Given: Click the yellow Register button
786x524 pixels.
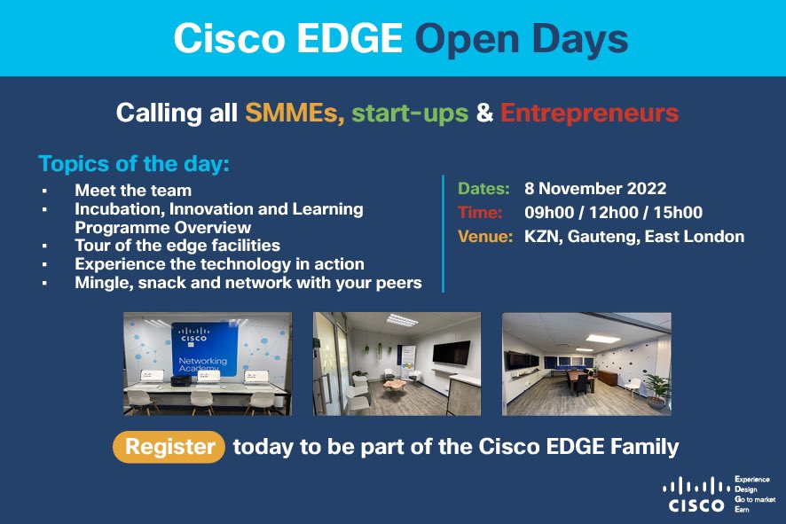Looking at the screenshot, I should pos(169,447).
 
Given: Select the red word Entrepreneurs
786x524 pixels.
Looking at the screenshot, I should pos(589,113).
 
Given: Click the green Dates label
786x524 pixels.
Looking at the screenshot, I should pos(483,189).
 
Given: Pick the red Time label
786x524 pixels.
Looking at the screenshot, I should pos(480,213).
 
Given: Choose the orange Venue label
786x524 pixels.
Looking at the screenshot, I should pos(483,237).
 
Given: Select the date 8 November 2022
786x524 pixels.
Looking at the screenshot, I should pos(595,189).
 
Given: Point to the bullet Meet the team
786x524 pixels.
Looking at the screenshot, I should pos(133,190).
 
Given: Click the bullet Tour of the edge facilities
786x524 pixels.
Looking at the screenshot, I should pos(177,245).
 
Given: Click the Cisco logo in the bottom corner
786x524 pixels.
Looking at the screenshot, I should pos(696,496).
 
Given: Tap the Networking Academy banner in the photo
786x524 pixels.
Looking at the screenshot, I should pos(203,349).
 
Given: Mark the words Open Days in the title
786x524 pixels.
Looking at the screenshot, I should pos(522,38).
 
